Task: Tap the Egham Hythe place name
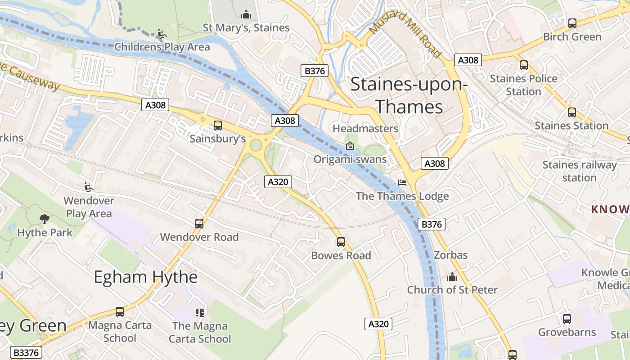point(145,277)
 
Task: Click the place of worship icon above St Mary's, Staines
point(246,15)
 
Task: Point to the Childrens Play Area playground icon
point(161,34)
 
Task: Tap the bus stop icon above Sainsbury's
point(218,126)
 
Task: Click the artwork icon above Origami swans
point(350,146)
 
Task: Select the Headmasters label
point(365,129)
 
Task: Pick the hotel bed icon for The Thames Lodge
point(402,183)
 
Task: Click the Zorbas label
point(450,255)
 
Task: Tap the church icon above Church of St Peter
point(452,277)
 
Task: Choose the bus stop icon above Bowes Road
point(341,242)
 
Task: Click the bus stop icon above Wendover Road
point(199,224)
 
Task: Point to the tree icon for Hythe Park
point(45,219)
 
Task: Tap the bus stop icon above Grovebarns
point(567,319)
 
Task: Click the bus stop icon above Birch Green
point(572,23)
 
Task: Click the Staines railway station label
point(579,171)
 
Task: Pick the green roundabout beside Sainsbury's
point(256,145)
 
